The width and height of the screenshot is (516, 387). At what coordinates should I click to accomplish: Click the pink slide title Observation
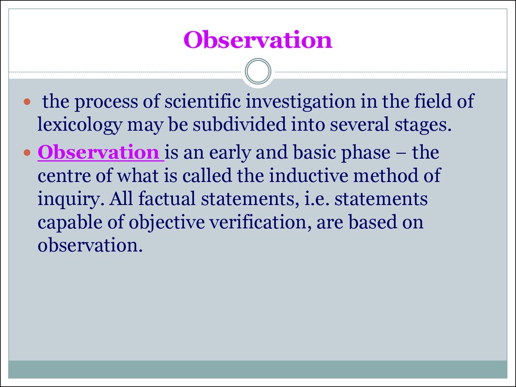point(257,40)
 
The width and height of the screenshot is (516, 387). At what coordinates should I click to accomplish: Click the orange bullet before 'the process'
point(27,102)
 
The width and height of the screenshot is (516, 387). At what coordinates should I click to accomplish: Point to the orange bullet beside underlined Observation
point(27,153)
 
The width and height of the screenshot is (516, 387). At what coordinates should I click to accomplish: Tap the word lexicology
point(80,125)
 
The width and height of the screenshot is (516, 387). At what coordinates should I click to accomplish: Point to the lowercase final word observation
point(90,245)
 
